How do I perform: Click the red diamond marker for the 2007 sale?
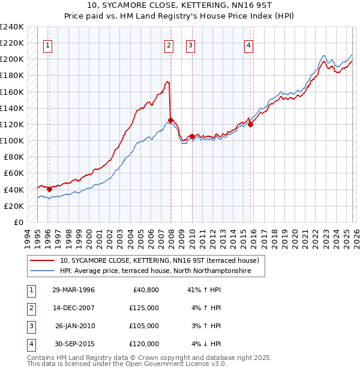[x=171, y=120]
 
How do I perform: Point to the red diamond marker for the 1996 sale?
[x=49, y=189]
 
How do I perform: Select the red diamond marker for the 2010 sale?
[x=192, y=137]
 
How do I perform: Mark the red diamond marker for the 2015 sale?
[x=250, y=124]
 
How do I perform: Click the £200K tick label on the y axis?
[x=12, y=59]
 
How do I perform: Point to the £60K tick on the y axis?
[x=14, y=173]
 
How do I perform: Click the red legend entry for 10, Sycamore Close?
[x=159, y=260]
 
